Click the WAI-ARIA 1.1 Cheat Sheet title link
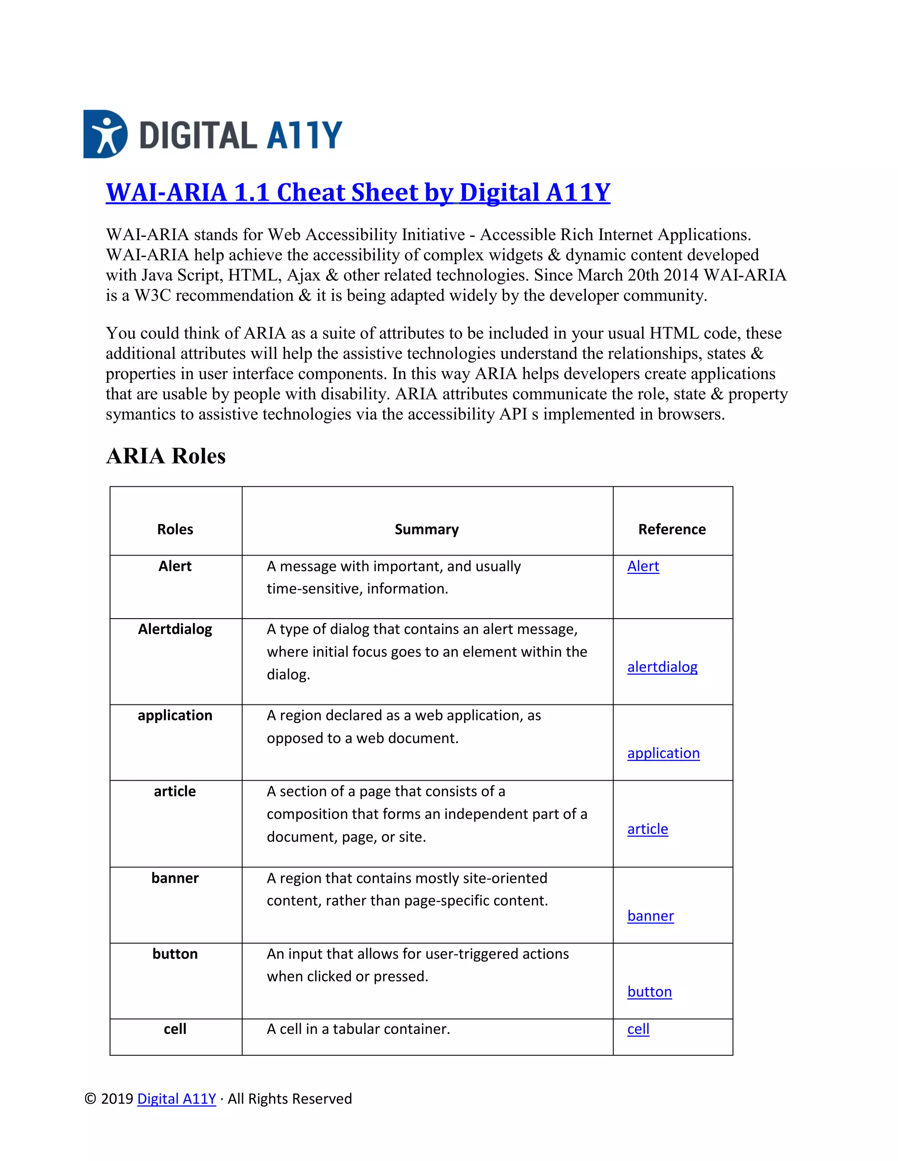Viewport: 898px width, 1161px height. [x=357, y=192]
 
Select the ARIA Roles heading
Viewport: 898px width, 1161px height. [x=165, y=456]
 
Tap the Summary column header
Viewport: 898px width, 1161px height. [x=426, y=530]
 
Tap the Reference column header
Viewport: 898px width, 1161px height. [x=671, y=530]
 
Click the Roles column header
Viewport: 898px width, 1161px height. [x=175, y=530]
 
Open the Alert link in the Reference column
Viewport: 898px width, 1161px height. [x=643, y=566]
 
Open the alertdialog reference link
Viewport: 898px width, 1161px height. [x=662, y=667]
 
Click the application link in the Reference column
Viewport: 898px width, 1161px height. [x=663, y=753]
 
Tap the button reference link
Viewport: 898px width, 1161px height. [x=649, y=991]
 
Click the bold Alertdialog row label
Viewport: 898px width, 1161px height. [x=175, y=630]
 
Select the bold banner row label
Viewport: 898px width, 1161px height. [x=175, y=878]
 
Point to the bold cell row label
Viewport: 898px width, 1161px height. [x=175, y=1029]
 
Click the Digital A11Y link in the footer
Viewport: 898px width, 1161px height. [x=177, y=1099]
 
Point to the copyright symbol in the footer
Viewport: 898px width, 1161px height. [x=90, y=1099]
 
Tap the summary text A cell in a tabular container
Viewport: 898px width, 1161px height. [x=358, y=1029]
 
